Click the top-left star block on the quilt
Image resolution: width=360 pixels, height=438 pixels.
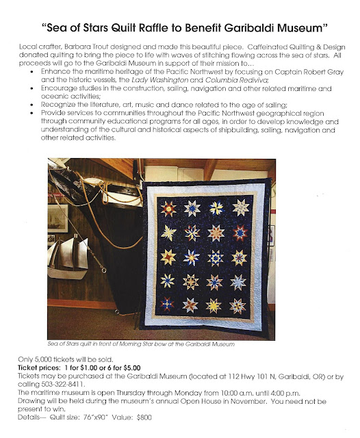pos(167,207)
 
